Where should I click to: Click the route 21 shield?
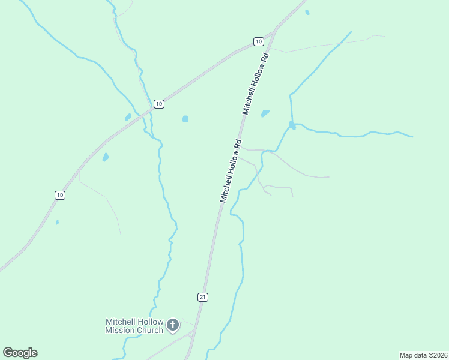tap(203, 297)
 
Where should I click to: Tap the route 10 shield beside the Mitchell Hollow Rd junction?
tap(258, 41)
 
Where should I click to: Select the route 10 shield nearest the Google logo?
tap(59, 195)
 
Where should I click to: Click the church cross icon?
tap(173, 326)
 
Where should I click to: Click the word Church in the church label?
tap(149, 330)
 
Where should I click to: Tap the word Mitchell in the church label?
tap(120, 322)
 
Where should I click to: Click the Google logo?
tap(20, 353)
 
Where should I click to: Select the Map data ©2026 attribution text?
tap(424, 355)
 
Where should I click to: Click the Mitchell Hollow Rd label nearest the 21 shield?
tap(231, 171)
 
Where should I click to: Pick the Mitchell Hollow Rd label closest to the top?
tap(256, 83)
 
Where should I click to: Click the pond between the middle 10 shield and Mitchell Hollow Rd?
tap(185, 119)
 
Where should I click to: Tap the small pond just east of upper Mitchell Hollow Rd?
tap(265, 113)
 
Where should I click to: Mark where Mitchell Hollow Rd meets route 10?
tap(274, 29)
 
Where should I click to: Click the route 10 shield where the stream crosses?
tap(158, 104)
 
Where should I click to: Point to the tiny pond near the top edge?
tap(307, 12)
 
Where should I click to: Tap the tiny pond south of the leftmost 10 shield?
tap(57, 223)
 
